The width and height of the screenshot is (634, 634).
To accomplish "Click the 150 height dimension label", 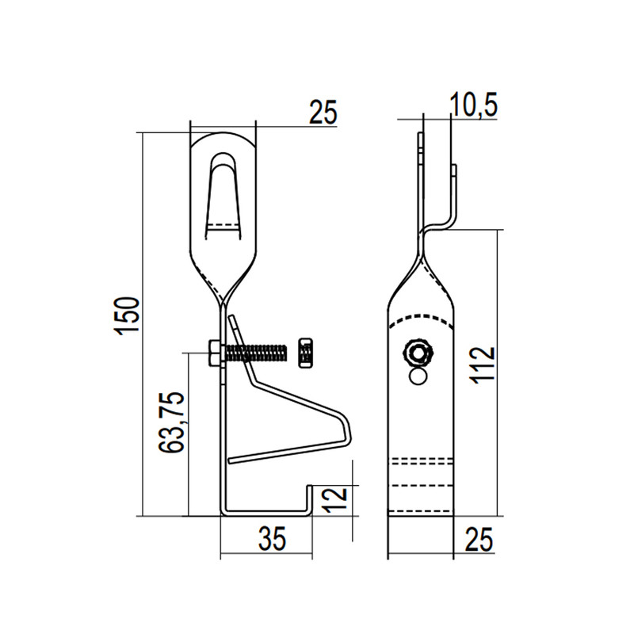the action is coord(127,315).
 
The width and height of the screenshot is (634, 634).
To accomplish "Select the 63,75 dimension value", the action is coord(171,422).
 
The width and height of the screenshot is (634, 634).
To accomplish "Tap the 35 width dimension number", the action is coord(272,538).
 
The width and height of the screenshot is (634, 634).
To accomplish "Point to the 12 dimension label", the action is coord(336,500).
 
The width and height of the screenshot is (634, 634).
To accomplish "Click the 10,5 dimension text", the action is coord(473,105).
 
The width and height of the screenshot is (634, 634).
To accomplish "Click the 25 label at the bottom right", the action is coord(479,539).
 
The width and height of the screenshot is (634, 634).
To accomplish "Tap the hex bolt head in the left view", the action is coord(215,353).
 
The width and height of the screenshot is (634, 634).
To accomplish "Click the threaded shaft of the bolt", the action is coord(256,353).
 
